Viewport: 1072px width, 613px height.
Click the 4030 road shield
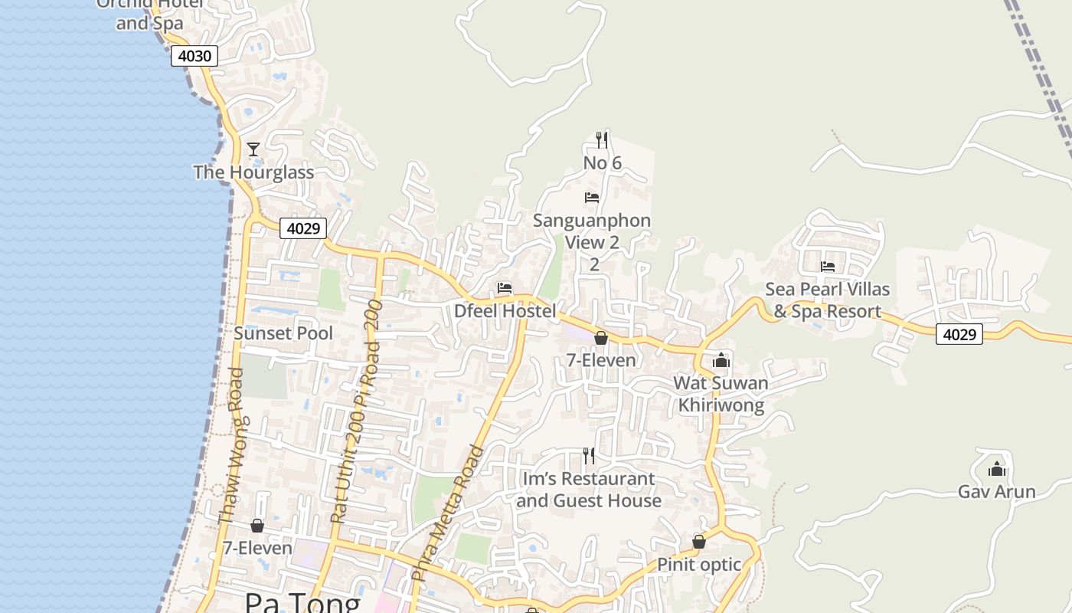coord(194,56)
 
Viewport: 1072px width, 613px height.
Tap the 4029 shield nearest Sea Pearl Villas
coord(959,334)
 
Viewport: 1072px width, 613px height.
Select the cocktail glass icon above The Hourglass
coord(253,149)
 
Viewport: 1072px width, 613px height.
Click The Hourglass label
coord(253,172)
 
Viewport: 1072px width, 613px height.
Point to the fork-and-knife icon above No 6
coord(602,139)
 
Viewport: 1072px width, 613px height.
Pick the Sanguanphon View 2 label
coord(592,231)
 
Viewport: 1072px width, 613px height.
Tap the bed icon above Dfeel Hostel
coord(504,288)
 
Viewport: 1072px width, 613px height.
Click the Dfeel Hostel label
coord(505,311)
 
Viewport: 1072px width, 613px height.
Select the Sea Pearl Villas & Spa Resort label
coord(828,300)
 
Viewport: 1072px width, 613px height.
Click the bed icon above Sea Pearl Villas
coord(828,267)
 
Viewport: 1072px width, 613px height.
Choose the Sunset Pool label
coord(283,333)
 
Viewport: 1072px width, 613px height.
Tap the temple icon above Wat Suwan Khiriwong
coord(721,360)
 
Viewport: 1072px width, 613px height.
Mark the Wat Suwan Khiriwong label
coord(721,394)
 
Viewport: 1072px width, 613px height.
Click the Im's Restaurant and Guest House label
coord(589,490)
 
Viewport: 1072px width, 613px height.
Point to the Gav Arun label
coord(996,492)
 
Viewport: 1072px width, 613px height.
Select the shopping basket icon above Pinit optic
coord(698,542)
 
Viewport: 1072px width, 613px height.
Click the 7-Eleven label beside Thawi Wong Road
coord(257,549)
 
